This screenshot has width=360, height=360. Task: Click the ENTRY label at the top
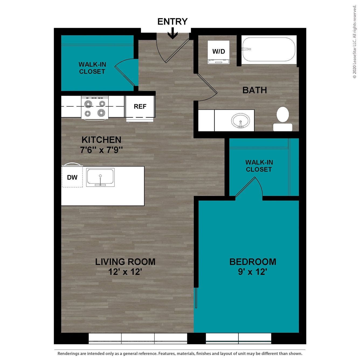[x=172, y=22]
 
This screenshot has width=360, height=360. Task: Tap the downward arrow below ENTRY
[x=172, y=34]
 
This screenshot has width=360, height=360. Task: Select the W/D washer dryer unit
[x=219, y=52]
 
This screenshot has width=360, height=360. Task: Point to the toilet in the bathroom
[x=283, y=119]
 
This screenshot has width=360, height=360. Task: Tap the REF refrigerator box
[x=140, y=106]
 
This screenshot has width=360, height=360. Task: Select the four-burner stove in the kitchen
[x=95, y=108]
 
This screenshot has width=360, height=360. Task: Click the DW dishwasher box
[x=72, y=177]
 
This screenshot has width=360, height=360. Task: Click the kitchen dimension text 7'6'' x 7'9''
[x=101, y=150]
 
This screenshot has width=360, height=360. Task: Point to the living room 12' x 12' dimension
[x=125, y=272]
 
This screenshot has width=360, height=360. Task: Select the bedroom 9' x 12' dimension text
[x=252, y=272]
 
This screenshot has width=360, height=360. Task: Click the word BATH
[x=255, y=90]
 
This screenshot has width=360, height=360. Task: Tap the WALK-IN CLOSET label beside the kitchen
[x=92, y=68]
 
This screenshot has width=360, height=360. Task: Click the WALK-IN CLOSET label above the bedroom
[x=259, y=166]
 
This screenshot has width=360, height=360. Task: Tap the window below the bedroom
[x=238, y=338]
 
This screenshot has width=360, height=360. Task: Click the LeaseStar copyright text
[x=354, y=42]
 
